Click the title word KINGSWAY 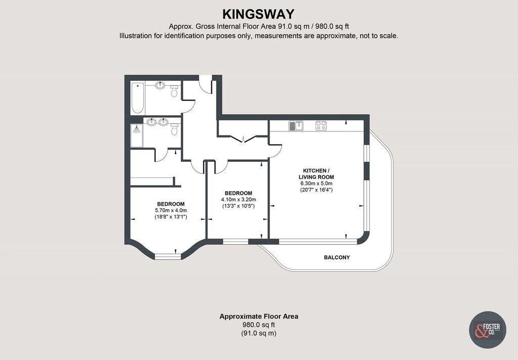[258, 14]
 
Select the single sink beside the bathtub [160, 85]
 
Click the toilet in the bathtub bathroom [175, 91]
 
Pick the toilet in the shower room [175, 130]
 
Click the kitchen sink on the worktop [296, 125]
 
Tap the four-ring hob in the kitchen [321, 125]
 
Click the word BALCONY [336, 257]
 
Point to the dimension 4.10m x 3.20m [238, 200]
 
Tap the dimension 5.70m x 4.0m [171, 210]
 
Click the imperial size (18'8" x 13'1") [171, 217]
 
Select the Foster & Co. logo [488, 330]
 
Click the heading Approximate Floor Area [258, 317]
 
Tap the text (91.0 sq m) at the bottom [258, 333]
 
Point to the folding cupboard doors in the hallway [243, 138]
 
